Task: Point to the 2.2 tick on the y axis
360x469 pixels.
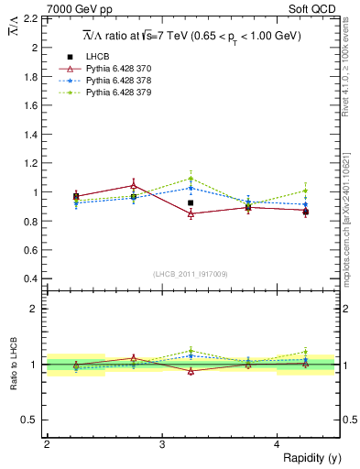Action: tap(29, 17)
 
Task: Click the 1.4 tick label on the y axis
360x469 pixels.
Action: tap(29, 134)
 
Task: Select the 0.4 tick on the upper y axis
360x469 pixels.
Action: tap(29, 278)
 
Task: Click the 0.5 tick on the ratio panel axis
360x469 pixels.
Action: tap(29, 420)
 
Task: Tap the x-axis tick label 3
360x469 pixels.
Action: tap(161, 444)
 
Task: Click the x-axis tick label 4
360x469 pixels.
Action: tap(277, 444)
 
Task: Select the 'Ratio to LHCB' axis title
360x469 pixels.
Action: tap(12, 364)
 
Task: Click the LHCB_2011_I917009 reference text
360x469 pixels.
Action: tap(191, 274)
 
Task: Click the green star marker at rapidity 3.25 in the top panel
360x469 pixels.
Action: tap(191, 179)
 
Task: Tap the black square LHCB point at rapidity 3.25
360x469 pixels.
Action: tap(191, 202)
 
